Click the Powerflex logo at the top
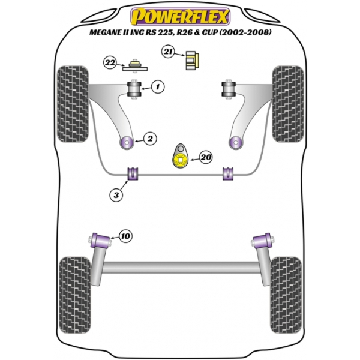pyautogui.click(x=180, y=17)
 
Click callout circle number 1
pyautogui.click(x=158, y=87)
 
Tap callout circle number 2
pyautogui.click(x=150, y=139)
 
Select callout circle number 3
pyautogui.click(x=116, y=195)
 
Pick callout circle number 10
pyautogui.click(x=126, y=236)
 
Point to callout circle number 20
pyautogui.click(x=206, y=157)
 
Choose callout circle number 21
pyautogui.click(x=168, y=52)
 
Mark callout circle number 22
pyautogui.click(x=110, y=62)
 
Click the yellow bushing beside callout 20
pyautogui.click(x=180, y=160)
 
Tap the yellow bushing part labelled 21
pyautogui.click(x=192, y=61)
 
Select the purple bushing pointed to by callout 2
pyautogui.click(x=127, y=143)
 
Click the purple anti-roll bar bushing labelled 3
pyautogui.click(x=133, y=174)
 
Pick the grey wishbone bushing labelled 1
pyautogui.click(x=134, y=89)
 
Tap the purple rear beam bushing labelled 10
pyautogui.click(x=101, y=241)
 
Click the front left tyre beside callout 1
pyautogui.click(x=73, y=104)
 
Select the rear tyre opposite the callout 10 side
pyautogui.click(x=286, y=295)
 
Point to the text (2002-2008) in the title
pyautogui.click(x=245, y=32)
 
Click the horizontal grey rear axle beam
pyautogui.click(x=180, y=267)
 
